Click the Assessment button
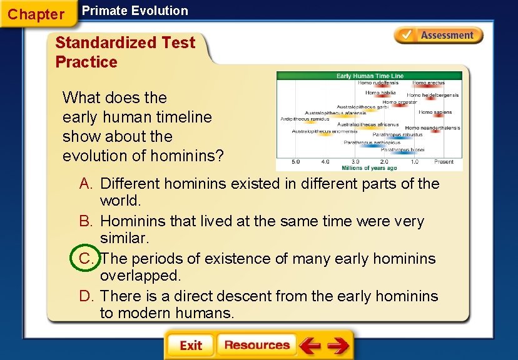click(x=439, y=36)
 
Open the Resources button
click(x=256, y=345)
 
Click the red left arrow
click(x=310, y=345)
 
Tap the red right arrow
click(x=338, y=345)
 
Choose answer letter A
click(x=86, y=184)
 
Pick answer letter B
click(x=86, y=221)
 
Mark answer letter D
click(x=86, y=296)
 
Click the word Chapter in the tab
click(x=36, y=14)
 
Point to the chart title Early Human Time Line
click(x=369, y=76)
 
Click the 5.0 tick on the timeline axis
click(x=295, y=161)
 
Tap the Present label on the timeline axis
click(x=444, y=161)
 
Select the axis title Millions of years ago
click(x=369, y=168)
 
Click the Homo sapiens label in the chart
click(x=435, y=112)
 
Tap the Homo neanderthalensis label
click(x=432, y=128)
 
